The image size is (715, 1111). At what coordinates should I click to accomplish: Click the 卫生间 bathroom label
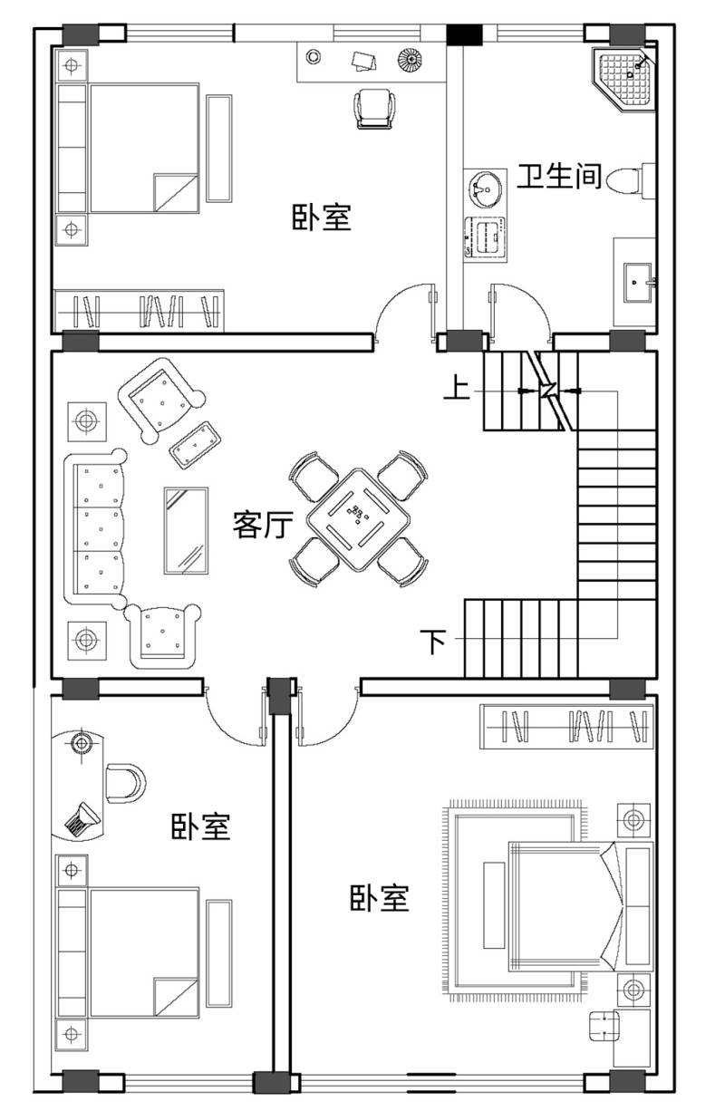(560, 175)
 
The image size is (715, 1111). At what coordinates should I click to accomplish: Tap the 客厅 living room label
(263, 525)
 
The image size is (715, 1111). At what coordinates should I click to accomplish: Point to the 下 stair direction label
(433, 642)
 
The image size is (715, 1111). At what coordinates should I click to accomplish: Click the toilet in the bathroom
(631, 180)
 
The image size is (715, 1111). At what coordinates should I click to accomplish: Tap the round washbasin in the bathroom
(486, 189)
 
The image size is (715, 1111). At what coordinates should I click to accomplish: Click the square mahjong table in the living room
(358, 519)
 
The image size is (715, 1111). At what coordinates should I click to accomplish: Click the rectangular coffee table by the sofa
(186, 531)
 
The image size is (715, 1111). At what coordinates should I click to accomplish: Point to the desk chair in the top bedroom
(375, 109)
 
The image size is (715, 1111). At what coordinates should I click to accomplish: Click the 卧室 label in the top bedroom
(322, 217)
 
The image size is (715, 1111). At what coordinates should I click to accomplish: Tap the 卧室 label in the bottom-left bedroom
(201, 826)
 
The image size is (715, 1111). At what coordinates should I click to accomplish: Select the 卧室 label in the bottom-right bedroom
(380, 898)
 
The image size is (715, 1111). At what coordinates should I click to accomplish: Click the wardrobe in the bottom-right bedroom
(566, 727)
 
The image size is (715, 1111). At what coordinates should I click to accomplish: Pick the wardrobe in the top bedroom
(139, 311)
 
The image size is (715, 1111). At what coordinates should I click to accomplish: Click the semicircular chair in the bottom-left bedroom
(125, 784)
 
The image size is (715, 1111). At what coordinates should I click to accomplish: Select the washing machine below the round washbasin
(486, 238)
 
